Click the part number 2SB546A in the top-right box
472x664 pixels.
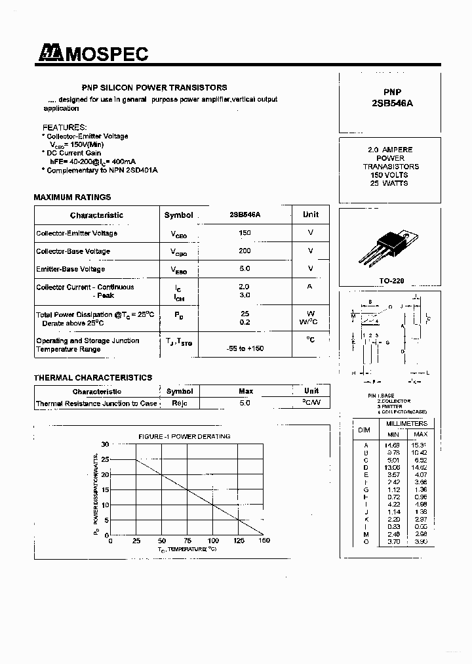392,104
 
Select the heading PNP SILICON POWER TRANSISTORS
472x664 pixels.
154,87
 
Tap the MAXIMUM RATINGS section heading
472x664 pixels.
72,197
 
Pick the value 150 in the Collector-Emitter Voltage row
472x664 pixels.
245,233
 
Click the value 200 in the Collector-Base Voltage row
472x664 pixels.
245,251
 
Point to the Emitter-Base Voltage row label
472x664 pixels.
70,269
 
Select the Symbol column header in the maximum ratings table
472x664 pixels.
178,215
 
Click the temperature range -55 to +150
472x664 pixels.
245,348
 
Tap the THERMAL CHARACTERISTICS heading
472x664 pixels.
92,377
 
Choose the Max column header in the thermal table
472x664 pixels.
246,391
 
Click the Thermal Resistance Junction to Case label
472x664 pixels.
96,404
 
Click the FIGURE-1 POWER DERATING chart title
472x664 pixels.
184,436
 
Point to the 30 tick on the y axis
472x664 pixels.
105,445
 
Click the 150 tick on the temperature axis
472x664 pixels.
264,541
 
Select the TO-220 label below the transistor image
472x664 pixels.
391,280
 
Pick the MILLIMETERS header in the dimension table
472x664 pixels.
406,424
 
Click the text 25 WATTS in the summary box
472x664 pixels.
389,184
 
